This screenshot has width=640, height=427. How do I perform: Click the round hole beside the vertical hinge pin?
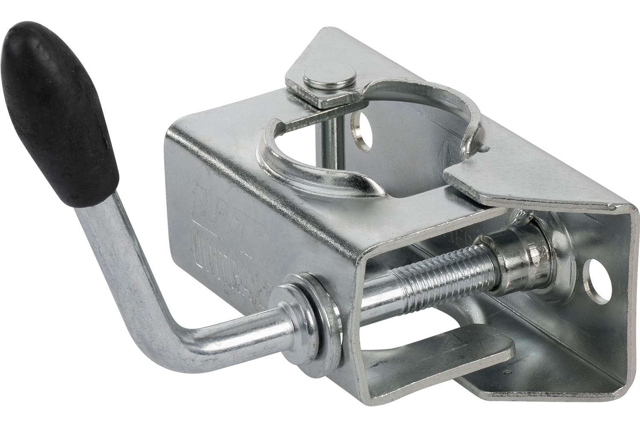pyautogui.click(x=359, y=130)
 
